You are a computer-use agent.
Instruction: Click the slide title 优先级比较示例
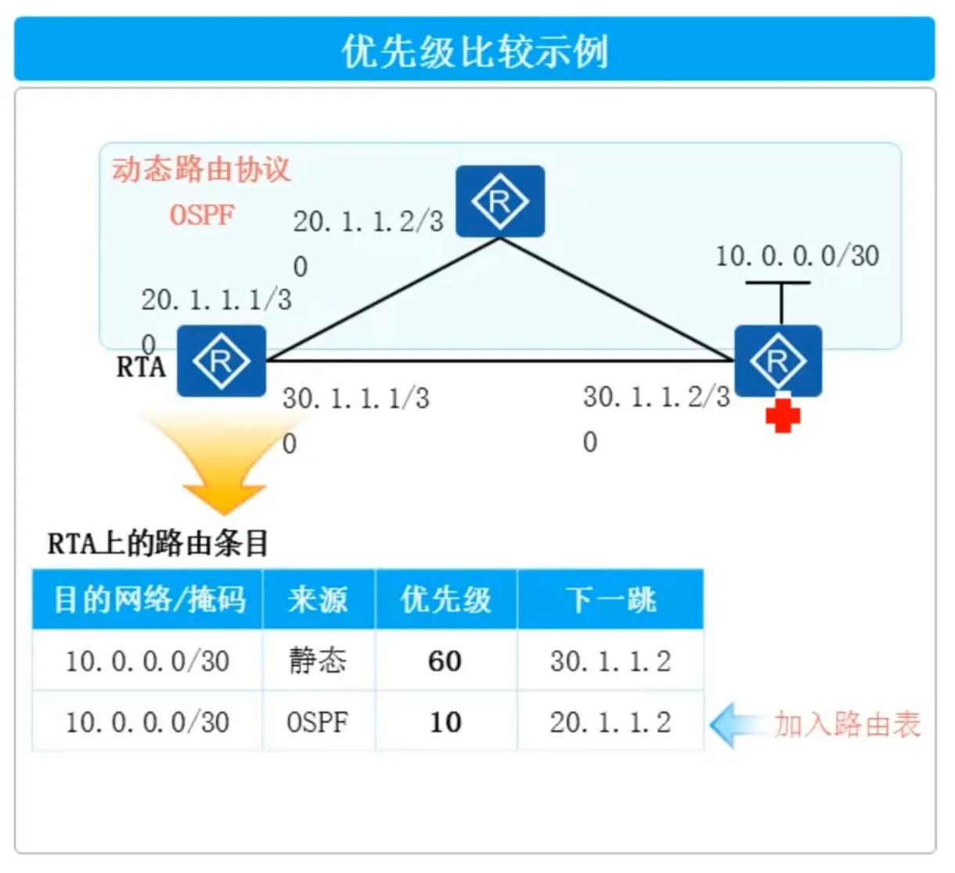pos(474,52)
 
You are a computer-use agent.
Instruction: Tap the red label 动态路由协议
pos(201,170)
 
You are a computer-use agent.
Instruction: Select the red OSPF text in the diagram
pos(202,214)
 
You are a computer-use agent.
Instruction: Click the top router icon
pos(500,201)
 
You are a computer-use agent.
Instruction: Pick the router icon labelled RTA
pos(222,361)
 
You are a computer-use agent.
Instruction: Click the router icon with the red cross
pos(778,361)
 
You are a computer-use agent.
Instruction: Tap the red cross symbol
pos(783,415)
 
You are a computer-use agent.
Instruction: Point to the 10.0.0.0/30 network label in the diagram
pos(797,256)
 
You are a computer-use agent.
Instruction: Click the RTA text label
pos(141,367)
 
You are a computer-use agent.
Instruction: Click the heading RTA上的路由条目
pos(158,543)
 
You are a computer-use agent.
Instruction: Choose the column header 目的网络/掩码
pos(149,600)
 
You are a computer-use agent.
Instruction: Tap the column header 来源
pos(318,600)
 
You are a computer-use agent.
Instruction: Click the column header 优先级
pos(445,600)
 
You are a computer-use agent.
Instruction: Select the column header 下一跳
pos(611,600)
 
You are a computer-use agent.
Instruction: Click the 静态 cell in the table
pos(318,661)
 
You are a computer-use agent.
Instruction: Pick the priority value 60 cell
pos(445,662)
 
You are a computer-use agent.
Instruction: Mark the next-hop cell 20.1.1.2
pos(611,722)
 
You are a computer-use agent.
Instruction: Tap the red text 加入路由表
pos(847,724)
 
